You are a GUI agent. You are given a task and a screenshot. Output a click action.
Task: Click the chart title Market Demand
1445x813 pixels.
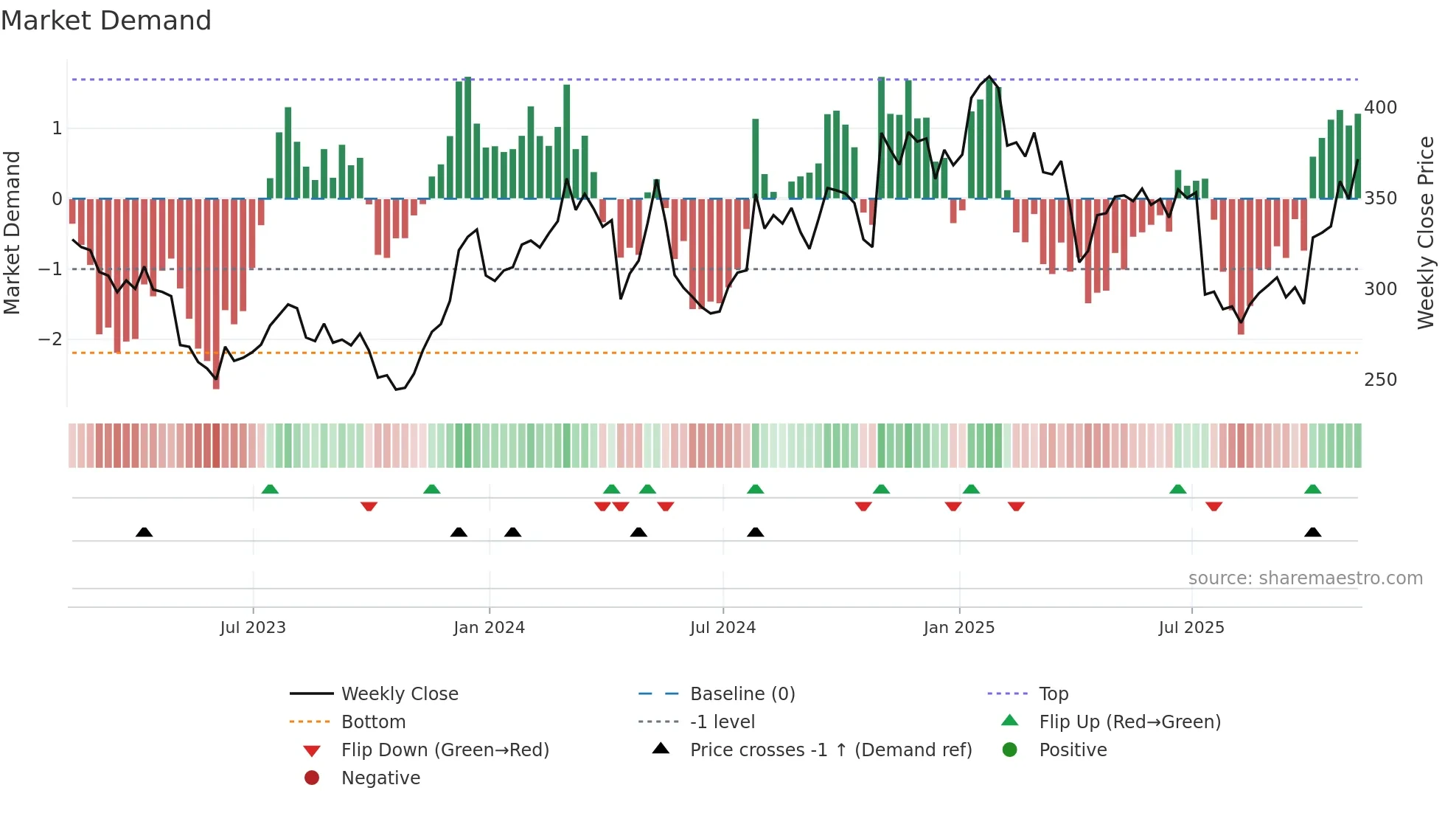click(106, 21)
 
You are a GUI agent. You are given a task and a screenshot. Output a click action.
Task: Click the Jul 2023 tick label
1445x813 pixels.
click(252, 628)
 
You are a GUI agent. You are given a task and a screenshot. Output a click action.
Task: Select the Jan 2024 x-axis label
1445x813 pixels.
click(489, 628)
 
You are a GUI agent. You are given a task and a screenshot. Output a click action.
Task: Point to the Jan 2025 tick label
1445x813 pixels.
click(958, 628)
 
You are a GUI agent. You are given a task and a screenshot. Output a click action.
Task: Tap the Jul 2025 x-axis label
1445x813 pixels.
click(1191, 628)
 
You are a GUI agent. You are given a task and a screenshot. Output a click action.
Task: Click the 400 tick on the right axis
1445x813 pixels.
click(1380, 108)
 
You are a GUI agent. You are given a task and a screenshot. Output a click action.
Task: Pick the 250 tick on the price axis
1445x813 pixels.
click(1380, 380)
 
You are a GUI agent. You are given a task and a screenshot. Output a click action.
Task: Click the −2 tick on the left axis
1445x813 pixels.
click(50, 339)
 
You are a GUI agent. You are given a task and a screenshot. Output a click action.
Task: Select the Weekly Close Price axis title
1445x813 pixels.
click(1426, 232)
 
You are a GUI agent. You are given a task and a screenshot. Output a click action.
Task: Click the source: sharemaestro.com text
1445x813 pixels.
click(1305, 578)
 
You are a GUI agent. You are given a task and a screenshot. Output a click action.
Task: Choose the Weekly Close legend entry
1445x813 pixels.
click(399, 694)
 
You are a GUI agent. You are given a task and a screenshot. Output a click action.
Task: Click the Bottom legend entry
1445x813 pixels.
click(373, 722)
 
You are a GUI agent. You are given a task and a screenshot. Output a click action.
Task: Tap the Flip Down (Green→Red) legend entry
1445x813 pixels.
click(445, 750)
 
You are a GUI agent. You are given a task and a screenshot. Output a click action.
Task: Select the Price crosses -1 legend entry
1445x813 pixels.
click(830, 750)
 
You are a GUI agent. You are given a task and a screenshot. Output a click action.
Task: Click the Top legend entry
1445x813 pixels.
click(1053, 694)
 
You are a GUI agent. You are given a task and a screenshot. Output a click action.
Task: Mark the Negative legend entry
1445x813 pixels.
click(380, 778)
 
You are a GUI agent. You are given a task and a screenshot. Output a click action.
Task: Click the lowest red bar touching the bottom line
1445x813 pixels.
click(216, 369)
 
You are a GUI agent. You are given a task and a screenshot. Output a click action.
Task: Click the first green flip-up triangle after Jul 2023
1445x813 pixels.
click(270, 489)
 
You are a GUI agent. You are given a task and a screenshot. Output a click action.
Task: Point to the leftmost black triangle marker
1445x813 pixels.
click(144, 532)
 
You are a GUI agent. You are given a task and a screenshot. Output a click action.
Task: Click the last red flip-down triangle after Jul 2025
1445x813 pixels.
click(1214, 507)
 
